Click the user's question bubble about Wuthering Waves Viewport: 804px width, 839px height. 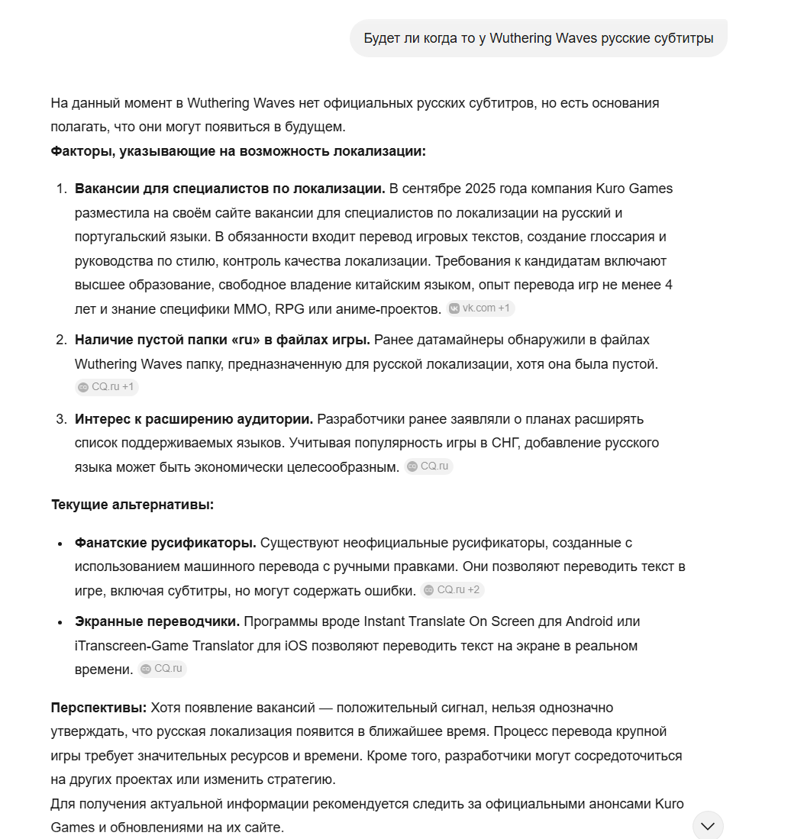[538, 38]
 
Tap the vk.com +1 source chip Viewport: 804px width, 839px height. [481, 308]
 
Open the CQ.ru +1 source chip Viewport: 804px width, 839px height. [107, 387]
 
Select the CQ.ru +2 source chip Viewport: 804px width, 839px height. [452, 590]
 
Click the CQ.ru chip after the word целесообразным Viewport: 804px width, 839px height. [429, 466]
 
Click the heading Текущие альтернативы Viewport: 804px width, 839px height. [132, 505]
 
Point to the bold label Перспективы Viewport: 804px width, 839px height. [98, 708]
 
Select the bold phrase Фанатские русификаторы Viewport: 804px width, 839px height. [165, 543]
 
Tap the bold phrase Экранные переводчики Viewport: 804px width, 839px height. [157, 621]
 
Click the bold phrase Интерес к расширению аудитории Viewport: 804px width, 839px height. [194, 419]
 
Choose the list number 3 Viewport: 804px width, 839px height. [61, 419]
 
